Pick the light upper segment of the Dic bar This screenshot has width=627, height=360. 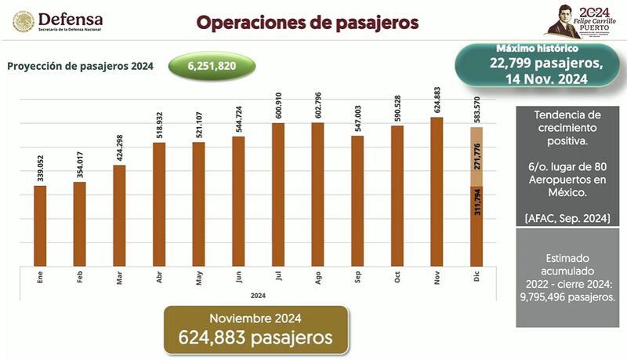tap(476, 156)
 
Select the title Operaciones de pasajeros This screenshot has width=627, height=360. tap(307, 21)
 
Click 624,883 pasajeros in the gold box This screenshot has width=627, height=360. tap(256, 337)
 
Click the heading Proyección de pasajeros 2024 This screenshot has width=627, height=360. tap(80, 66)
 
